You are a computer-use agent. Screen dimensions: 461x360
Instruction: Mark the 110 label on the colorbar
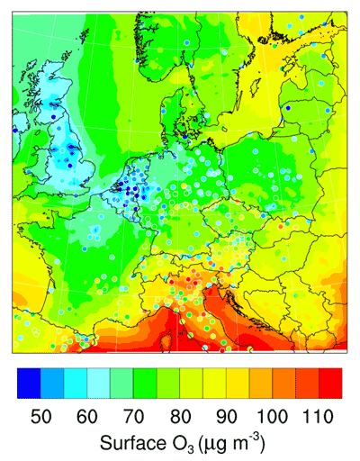pos(320,417)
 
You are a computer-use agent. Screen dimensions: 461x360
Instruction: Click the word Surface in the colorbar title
pos(132,443)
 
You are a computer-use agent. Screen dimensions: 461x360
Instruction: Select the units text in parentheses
pos(231,443)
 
